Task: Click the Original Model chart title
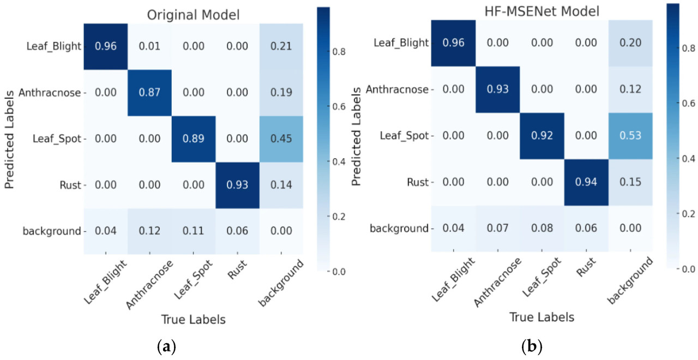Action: coord(193,15)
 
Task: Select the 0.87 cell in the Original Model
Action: coord(149,92)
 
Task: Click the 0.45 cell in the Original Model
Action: coord(282,138)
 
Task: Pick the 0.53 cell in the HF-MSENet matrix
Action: coord(630,135)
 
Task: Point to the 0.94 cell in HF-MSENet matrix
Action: coord(586,182)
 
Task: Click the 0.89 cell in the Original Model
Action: coord(194,138)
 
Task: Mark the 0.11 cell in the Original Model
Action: coord(194,231)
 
